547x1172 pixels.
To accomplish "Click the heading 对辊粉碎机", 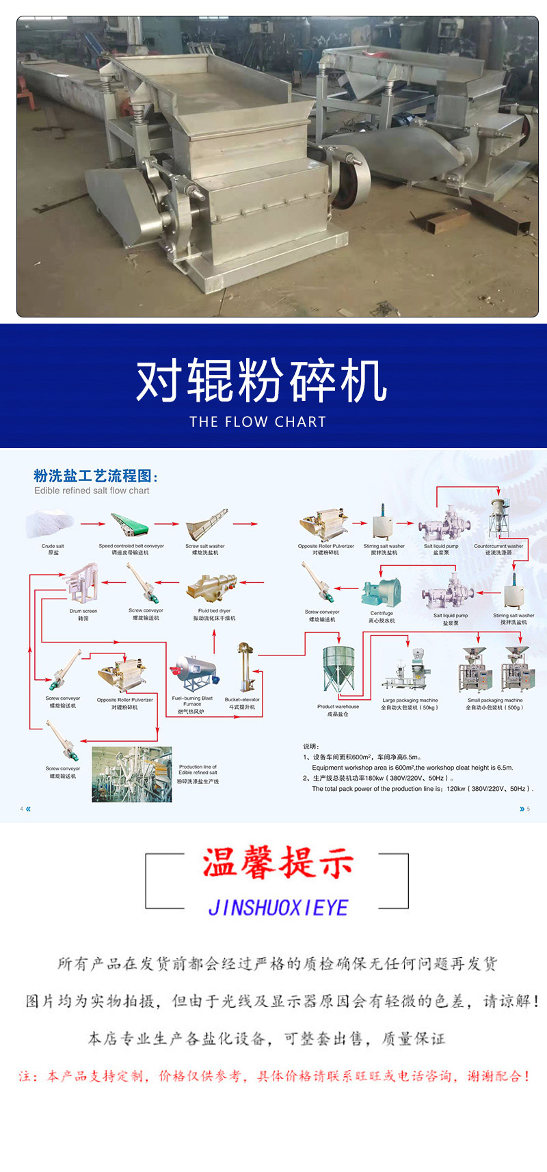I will [262, 380].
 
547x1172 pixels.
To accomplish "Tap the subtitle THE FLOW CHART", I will [258, 422].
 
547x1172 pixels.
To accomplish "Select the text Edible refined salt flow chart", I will [92, 491].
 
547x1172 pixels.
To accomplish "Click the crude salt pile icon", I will [49, 525].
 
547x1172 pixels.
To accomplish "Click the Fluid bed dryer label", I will [214, 614].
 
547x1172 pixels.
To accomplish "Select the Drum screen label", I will [83, 614].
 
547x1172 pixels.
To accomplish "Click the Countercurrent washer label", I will [498, 549].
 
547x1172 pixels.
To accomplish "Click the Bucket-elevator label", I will [242, 703].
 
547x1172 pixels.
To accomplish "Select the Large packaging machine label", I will [410, 703].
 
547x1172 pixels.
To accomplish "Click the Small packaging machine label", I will [494, 703].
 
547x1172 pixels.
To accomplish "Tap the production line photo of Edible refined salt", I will [131, 774].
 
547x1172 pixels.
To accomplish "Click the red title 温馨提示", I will [277, 862].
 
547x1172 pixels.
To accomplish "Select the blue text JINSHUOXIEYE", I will [278, 908].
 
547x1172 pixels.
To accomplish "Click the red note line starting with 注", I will [274, 1076].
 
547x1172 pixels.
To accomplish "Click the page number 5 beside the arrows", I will [528, 809].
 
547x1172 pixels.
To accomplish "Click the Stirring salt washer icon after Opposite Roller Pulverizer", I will [382, 523].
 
